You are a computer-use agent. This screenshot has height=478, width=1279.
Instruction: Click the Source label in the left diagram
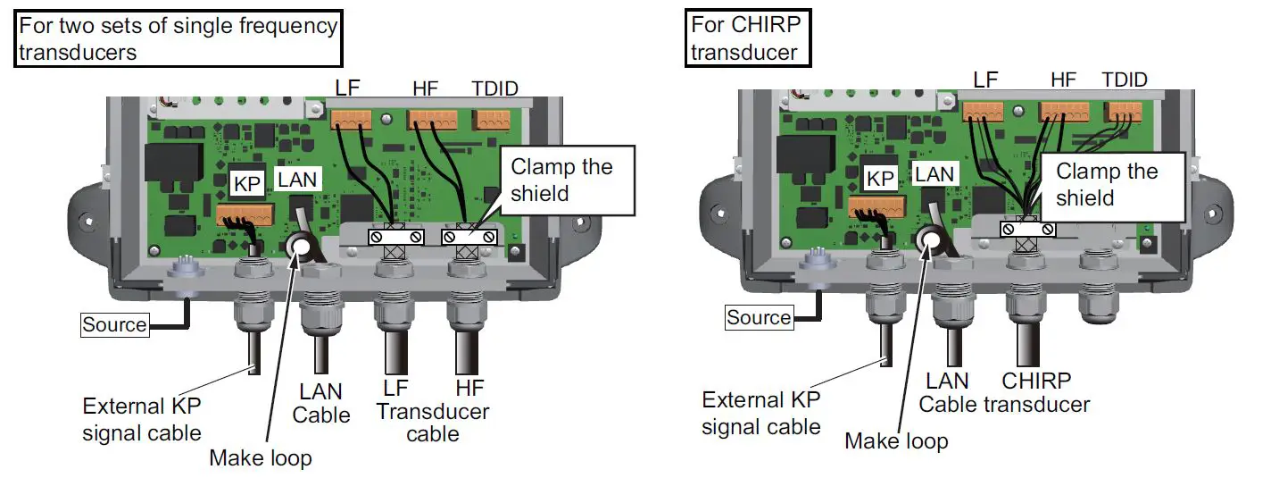pyautogui.click(x=114, y=324)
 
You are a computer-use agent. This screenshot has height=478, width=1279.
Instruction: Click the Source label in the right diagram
pyautogui.click(x=758, y=317)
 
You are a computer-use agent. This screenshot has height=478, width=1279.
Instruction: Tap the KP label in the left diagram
pyautogui.click(x=246, y=184)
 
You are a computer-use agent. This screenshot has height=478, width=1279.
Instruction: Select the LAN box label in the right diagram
pyautogui.click(x=934, y=174)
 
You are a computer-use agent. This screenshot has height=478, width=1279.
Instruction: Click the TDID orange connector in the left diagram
pyautogui.click(x=491, y=119)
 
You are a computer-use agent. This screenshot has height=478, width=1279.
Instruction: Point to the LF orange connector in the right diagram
pyautogui.click(x=983, y=112)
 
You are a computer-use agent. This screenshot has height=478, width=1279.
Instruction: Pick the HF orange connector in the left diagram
pyautogui.click(x=431, y=119)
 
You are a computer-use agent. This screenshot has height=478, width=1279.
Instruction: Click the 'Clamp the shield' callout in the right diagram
pyautogui.click(x=1107, y=185)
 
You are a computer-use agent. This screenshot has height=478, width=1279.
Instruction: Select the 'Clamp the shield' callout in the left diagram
pyautogui.click(x=561, y=180)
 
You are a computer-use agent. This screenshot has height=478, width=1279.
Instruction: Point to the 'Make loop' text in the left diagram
pyautogui.click(x=260, y=458)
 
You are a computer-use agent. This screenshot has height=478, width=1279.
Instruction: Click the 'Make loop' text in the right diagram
pyautogui.click(x=896, y=440)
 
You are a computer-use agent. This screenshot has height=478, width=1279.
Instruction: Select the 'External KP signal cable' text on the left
pyautogui.click(x=142, y=420)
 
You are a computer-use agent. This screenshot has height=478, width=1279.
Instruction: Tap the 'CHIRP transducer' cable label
pyautogui.click(x=1036, y=392)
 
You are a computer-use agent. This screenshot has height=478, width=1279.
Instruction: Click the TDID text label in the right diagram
pyautogui.click(x=1124, y=80)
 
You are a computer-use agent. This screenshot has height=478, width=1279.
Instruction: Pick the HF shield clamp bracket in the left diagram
pyautogui.click(x=469, y=237)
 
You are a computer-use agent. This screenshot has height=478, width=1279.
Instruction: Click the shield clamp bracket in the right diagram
pyautogui.click(x=1027, y=230)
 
